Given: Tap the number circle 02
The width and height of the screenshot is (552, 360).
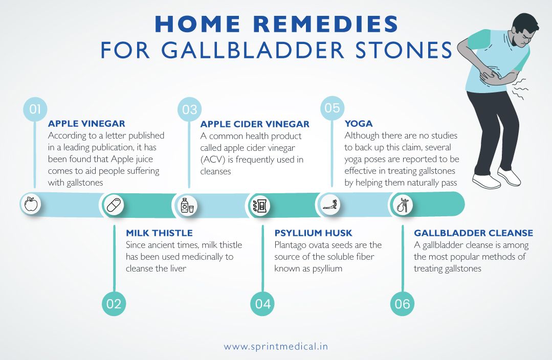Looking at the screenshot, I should [x=114, y=304].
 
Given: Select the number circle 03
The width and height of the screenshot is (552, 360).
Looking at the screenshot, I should [x=189, y=109].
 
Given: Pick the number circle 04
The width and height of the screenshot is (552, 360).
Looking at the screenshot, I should [x=262, y=304].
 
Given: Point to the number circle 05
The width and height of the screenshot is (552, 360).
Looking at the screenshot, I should [x=332, y=108].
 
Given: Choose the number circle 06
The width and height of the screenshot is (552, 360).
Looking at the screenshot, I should [x=403, y=304].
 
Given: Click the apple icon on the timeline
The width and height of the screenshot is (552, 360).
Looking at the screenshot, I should [x=31, y=205].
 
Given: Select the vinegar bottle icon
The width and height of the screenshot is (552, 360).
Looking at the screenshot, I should [x=185, y=205].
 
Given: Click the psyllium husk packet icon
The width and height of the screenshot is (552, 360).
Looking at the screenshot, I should [x=260, y=205].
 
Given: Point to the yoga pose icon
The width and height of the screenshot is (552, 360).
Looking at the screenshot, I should [x=328, y=205].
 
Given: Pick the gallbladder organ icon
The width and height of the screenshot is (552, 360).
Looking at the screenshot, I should [x=402, y=205].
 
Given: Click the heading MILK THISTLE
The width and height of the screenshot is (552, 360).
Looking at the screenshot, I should [x=159, y=233].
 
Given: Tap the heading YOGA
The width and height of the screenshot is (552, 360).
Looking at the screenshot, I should [x=359, y=124].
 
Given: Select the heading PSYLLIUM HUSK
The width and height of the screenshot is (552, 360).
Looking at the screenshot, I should [x=313, y=233].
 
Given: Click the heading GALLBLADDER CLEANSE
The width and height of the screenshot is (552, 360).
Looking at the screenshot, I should [x=473, y=233].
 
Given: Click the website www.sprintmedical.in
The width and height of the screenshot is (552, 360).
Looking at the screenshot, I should [x=276, y=346].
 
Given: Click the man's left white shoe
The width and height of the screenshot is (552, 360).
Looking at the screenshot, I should [x=486, y=181].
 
